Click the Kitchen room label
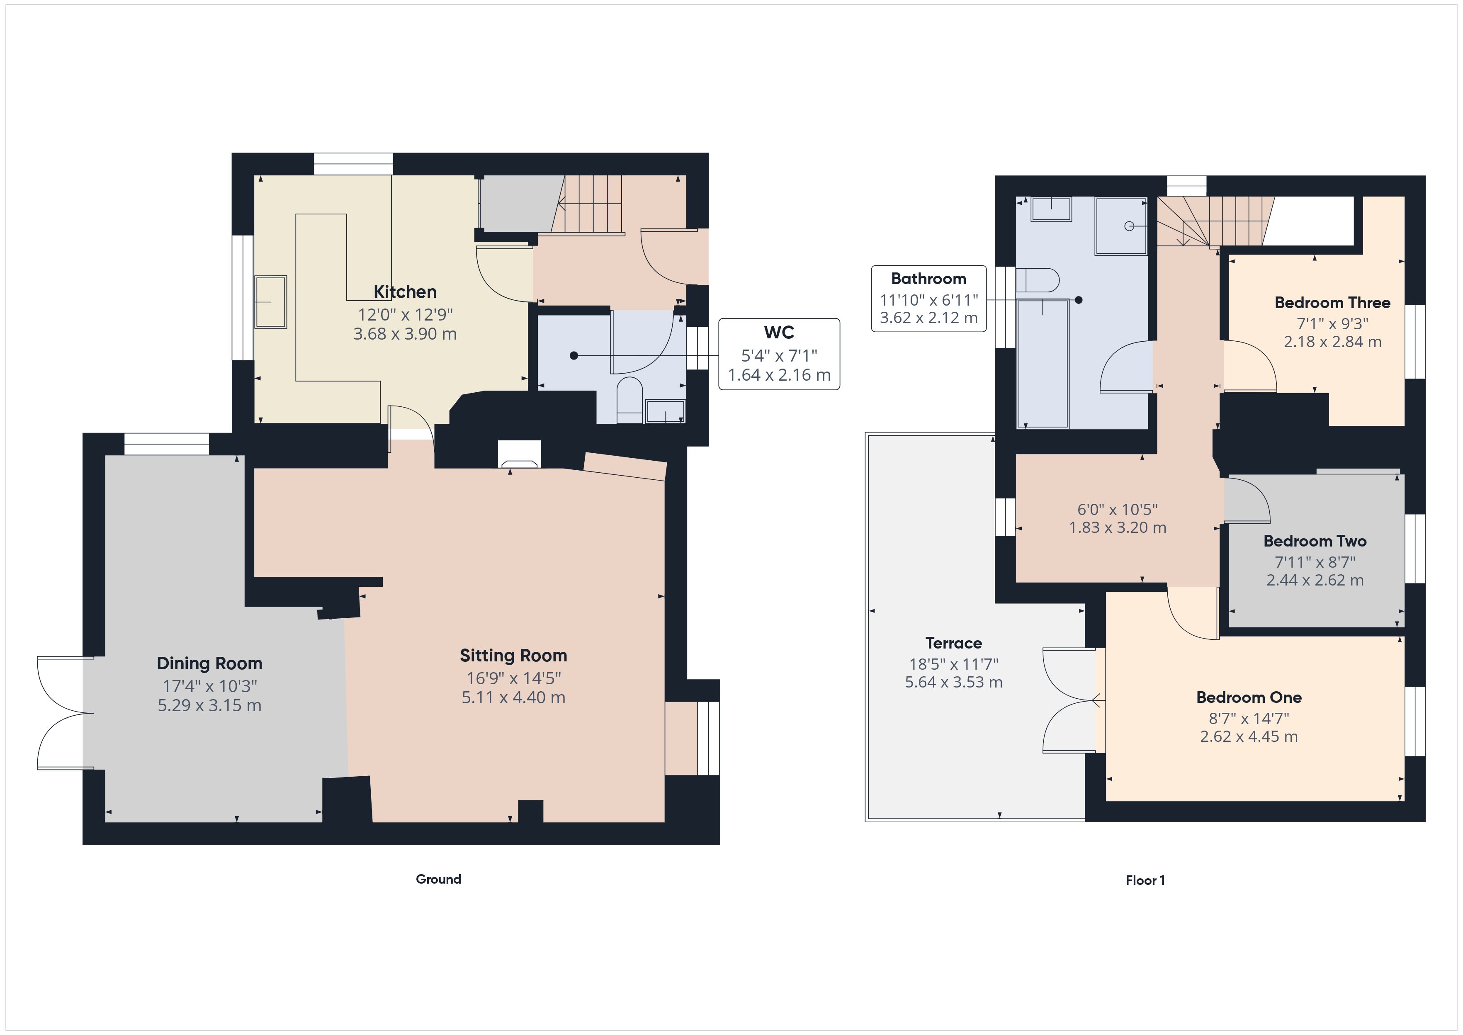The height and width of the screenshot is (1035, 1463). coord(405,292)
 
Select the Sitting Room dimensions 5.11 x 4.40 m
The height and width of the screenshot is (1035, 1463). coord(513,697)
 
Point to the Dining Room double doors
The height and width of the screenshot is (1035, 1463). coord(63,712)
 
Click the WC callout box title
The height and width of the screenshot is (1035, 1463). coord(779,332)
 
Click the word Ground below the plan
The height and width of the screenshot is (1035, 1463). coord(438,879)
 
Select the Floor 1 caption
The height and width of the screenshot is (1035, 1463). coord(1145,880)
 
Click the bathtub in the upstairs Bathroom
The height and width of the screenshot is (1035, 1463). coord(1043,363)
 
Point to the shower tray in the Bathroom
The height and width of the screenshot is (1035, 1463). coord(1121,226)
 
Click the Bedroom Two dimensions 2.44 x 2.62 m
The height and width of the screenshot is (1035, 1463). coord(1315,580)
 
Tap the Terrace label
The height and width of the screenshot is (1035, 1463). coord(953,643)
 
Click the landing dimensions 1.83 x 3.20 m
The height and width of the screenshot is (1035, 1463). coord(1117,528)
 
